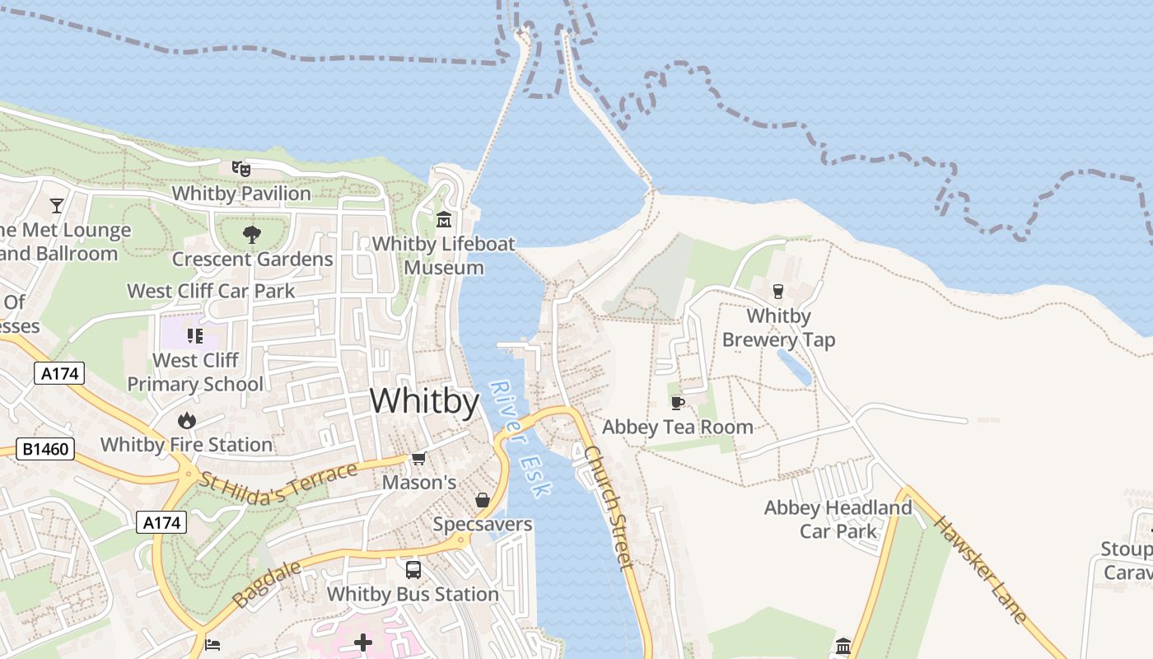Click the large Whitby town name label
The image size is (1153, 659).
[424, 401]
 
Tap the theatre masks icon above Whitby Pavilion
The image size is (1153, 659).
[240, 169]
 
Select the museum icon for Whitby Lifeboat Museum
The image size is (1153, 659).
[444, 220]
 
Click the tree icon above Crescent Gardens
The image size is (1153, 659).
[252, 235]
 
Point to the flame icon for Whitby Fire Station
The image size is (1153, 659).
[187, 420]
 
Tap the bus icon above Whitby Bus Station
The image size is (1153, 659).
[413, 569]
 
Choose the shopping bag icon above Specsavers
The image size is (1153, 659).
[483, 500]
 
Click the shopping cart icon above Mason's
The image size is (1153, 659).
[418, 459]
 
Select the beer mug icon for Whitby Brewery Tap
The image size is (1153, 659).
[777, 291]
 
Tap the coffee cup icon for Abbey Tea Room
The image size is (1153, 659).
[677, 403]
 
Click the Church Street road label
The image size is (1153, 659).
[609, 507]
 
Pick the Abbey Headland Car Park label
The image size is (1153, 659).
[838, 519]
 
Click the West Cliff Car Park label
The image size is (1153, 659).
[211, 291]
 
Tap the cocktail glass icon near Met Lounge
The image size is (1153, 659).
[57, 205]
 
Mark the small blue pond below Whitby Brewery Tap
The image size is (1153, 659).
[794, 367]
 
